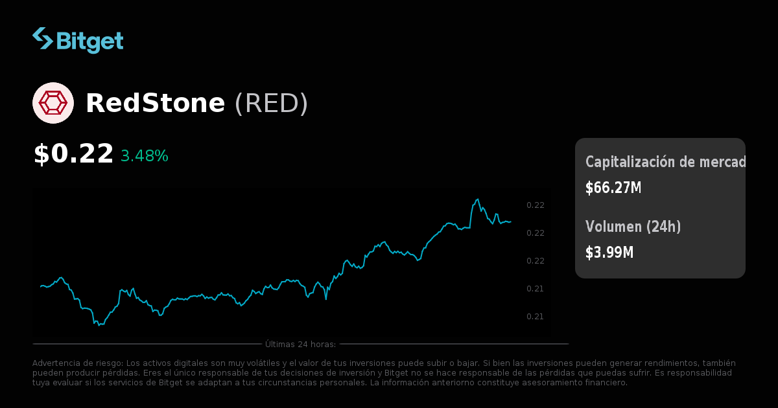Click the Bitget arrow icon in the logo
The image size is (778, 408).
[x=43, y=39]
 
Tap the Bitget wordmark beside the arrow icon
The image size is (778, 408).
[x=89, y=41]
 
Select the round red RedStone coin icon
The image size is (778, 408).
[x=53, y=103]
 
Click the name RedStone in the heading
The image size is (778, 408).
[x=155, y=104]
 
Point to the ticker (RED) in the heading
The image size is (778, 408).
[x=271, y=104]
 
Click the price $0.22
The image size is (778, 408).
[x=73, y=154]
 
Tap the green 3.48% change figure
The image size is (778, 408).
[x=144, y=156]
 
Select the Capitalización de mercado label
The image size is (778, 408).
[x=665, y=162]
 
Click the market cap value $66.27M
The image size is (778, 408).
[x=613, y=188]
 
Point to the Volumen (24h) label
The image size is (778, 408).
[x=633, y=227]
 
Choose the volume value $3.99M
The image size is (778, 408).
[x=609, y=253]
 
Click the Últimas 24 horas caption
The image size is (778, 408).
[x=300, y=344]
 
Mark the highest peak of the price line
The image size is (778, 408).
[x=478, y=199]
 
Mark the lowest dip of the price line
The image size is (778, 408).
[x=99, y=325]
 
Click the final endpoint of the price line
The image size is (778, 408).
[x=510, y=221]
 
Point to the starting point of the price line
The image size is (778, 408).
[x=40, y=286]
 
